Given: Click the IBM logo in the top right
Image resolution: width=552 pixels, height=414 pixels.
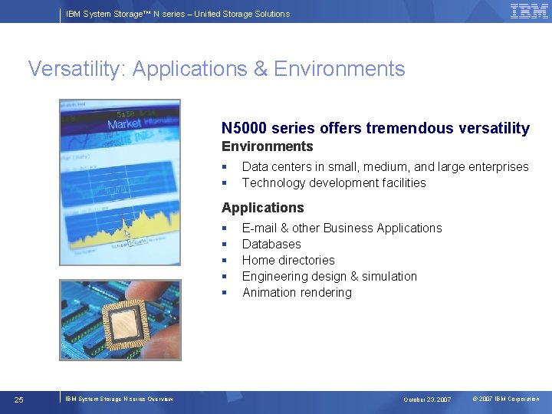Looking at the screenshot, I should click(529, 11).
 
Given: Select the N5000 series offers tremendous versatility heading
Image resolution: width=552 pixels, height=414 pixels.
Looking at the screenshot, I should click(375, 128).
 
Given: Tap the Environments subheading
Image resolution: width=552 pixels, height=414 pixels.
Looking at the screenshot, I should click(267, 146).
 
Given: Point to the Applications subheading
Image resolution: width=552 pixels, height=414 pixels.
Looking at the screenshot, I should click(262, 208).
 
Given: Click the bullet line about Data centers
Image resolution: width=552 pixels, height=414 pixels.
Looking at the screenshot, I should click(385, 166).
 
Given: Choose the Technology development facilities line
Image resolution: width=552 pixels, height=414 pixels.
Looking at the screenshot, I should click(333, 182).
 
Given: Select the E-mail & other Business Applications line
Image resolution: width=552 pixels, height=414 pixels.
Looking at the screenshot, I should click(342, 228).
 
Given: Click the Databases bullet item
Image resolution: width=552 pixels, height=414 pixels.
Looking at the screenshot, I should click(271, 244).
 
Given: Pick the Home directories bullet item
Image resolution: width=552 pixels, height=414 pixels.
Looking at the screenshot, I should click(288, 260).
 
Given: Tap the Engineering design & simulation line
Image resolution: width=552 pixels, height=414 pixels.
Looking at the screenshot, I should click(330, 276).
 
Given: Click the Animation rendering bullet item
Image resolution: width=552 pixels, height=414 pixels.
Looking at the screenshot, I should click(297, 292).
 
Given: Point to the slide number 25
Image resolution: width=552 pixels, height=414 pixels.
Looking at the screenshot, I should click(19, 399).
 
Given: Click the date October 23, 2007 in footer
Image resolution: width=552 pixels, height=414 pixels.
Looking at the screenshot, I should click(427, 399).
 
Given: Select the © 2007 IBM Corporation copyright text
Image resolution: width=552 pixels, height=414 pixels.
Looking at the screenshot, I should click(505, 399).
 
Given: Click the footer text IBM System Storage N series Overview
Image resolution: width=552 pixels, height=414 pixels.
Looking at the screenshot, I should click(119, 399).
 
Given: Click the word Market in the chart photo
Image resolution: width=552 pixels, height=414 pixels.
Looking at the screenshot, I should click(123, 124).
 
